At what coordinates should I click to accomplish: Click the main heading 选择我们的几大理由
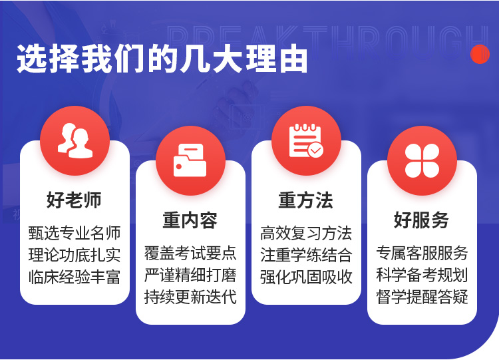tap(162, 59)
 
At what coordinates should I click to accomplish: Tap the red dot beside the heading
tap(480, 54)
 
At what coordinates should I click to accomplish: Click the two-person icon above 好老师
tap(75, 140)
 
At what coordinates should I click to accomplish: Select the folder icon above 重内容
tap(190, 160)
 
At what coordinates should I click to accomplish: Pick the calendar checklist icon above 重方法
tap(306, 140)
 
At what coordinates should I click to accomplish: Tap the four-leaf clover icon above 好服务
tap(422, 160)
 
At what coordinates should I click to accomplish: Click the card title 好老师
tap(74, 200)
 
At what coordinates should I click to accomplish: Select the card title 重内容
tap(190, 220)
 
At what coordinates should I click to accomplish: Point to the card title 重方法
tap(306, 200)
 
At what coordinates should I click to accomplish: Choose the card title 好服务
tap(421, 220)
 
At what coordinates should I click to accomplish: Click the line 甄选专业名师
tap(75, 233)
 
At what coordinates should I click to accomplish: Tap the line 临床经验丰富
tap(75, 277)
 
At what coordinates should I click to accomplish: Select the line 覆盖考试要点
tap(190, 253)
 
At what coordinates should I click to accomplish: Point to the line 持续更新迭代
tap(190, 297)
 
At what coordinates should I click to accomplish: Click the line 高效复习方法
tap(306, 233)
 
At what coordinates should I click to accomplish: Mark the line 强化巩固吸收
tap(306, 277)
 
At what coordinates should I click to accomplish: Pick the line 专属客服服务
tap(422, 253)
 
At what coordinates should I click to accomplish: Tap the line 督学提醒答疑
tap(422, 297)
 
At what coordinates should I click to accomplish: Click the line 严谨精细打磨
tap(190, 275)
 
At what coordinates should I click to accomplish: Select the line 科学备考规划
tap(422, 275)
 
